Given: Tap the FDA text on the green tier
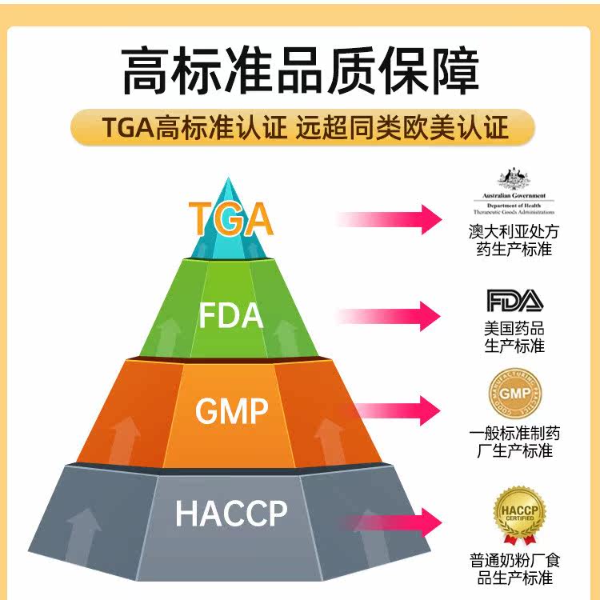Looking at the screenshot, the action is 230,315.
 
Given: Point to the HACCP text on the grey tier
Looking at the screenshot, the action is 230,513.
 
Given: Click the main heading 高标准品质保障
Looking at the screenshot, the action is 300,72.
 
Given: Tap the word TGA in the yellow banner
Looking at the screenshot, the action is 127,128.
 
